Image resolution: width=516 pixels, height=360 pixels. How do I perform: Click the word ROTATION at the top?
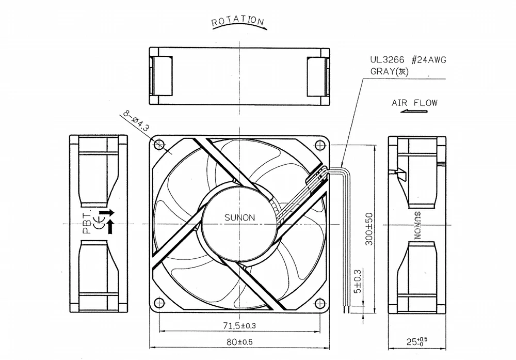pyautogui.click(x=237, y=21)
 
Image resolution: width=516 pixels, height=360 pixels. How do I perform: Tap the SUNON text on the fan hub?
pyautogui.click(x=239, y=218)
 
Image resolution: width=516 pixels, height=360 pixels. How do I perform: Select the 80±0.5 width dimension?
pyautogui.click(x=239, y=342)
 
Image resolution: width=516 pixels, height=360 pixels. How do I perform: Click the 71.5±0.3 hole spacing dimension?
pyautogui.click(x=239, y=326)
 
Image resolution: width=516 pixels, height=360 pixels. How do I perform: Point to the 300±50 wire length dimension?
pyautogui.click(x=369, y=229)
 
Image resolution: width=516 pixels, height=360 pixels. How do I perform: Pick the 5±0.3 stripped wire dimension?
pyautogui.click(x=358, y=281)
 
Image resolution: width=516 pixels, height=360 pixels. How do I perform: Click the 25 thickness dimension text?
pyautogui.click(x=416, y=341)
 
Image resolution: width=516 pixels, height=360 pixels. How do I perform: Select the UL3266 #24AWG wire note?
pyautogui.click(x=408, y=60)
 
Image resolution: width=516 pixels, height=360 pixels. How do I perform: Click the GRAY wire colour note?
pyautogui.click(x=389, y=71)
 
